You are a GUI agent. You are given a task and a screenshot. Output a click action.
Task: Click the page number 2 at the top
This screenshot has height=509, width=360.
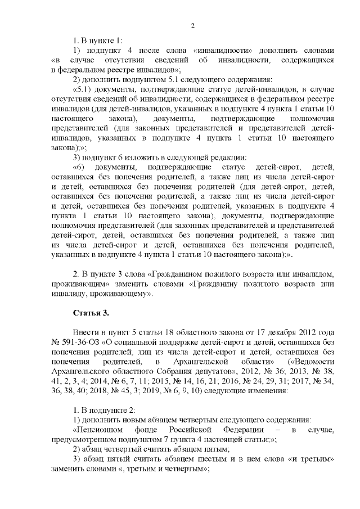click(x=193, y=25)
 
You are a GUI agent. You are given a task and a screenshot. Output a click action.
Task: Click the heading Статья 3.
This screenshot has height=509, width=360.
click(x=87, y=312)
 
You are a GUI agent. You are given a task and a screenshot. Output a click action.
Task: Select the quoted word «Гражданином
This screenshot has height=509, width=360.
click(x=172, y=274)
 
